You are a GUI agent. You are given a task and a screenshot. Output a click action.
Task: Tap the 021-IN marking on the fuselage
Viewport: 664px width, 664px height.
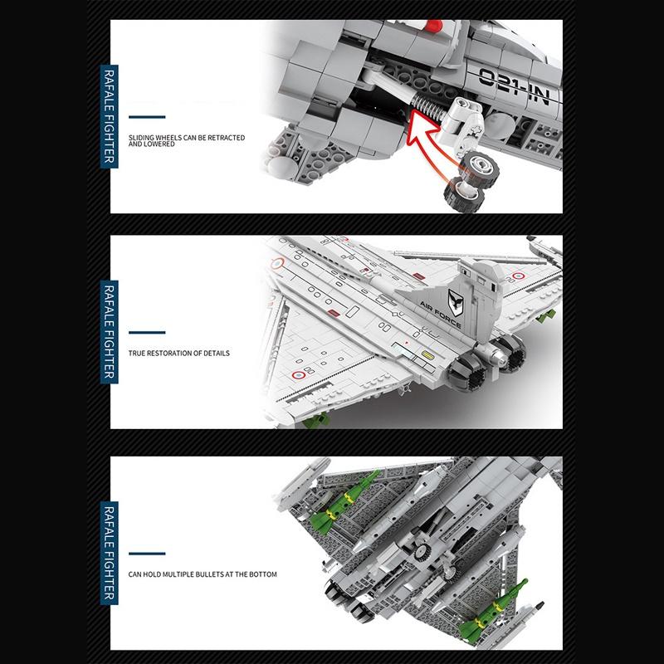(515, 86)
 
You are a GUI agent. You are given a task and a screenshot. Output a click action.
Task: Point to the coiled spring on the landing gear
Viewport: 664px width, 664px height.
(427, 107)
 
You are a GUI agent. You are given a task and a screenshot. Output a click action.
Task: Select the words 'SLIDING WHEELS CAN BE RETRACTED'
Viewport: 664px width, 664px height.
(187, 138)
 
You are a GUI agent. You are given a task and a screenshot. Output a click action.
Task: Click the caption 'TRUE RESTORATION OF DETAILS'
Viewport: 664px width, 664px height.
(179, 354)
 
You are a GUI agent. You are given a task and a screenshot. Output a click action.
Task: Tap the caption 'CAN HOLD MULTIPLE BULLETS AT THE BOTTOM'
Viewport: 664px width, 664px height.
(203, 574)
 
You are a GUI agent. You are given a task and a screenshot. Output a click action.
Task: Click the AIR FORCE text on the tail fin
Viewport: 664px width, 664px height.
(441, 315)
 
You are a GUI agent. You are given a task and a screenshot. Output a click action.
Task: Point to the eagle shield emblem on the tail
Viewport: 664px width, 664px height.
(456, 303)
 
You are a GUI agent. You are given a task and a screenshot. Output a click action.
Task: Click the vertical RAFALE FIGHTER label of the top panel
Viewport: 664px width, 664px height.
(110, 116)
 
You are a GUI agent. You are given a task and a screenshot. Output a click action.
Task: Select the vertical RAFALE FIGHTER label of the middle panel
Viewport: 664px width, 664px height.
(110, 331)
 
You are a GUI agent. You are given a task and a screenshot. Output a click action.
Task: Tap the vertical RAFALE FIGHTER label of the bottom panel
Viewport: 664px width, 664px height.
(110, 553)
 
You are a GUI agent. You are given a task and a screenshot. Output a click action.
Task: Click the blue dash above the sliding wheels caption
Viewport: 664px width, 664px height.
(147, 117)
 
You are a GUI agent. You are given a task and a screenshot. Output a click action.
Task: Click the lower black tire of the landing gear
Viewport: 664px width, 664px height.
(464, 195)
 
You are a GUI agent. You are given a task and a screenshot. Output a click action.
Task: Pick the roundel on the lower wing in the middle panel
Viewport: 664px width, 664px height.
(299, 375)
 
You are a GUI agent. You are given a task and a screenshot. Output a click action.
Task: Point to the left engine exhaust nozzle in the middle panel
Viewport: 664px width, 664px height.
(466, 373)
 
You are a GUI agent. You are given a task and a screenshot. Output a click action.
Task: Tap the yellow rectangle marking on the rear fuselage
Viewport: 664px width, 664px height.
(428, 355)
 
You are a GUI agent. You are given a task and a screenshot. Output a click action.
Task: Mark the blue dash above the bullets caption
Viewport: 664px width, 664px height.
(147, 554)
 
